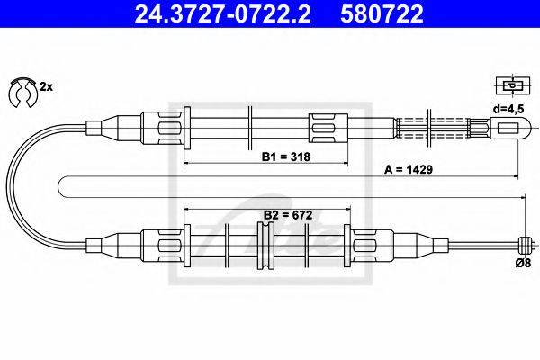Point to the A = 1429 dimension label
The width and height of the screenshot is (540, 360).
pyautogui.click(x=406, y=169)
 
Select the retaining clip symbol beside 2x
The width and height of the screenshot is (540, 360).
pyautogui.click(x=20, y=89)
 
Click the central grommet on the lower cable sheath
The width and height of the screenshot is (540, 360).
pyautogui.click(x=265, y=242)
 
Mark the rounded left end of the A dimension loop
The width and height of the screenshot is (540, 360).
pyautogui.click(x=61, y=186)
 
